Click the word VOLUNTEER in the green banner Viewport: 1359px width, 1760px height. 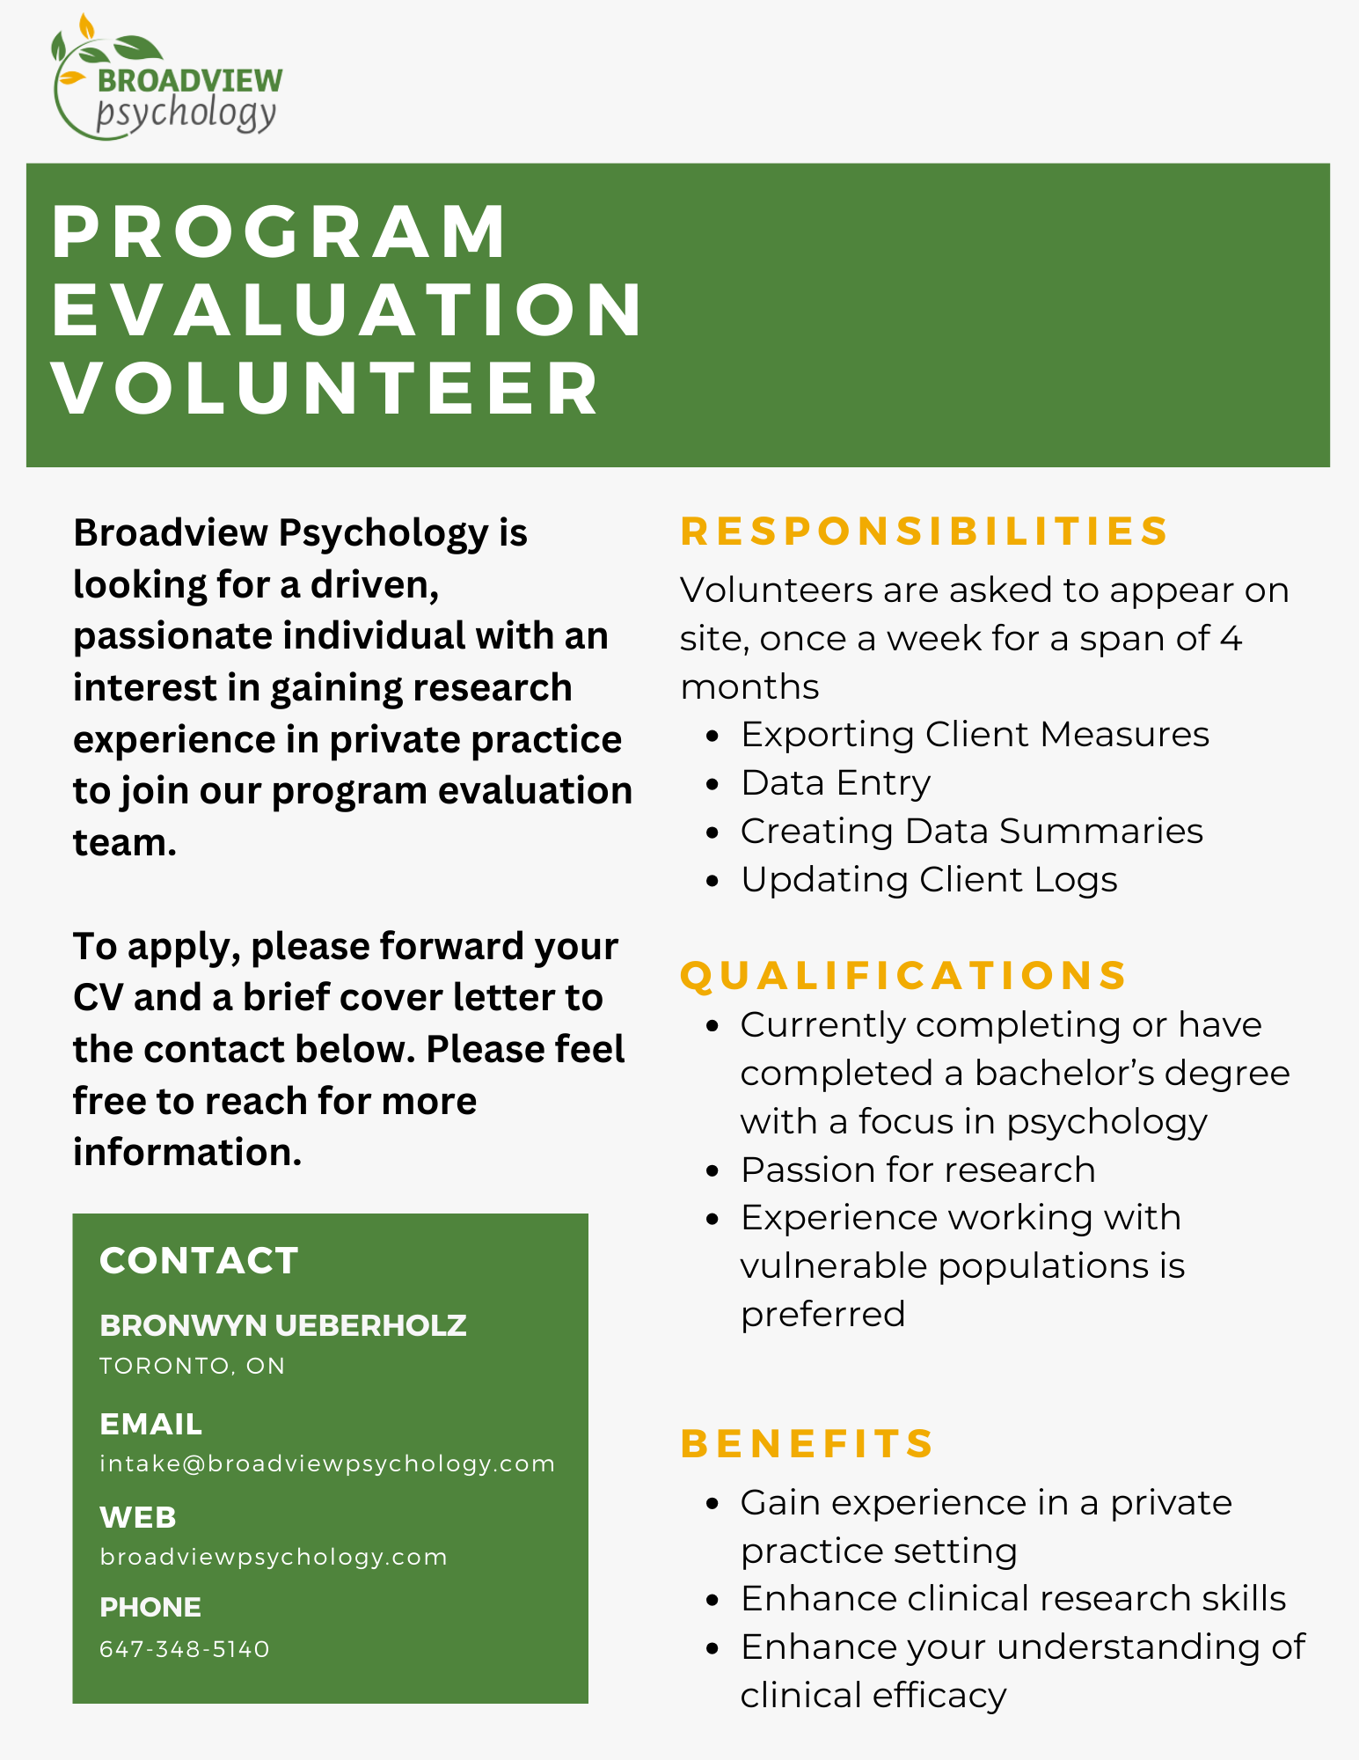[325, 389]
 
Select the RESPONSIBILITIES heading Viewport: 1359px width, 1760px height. [924, 532]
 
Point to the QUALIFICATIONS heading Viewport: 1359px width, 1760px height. [903, 975]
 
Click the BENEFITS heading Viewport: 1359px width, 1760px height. [807, 1443]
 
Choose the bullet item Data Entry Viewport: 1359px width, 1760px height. [835, 783]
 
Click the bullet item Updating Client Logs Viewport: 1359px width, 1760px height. [928, 880]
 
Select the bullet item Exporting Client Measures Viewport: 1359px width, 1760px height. [974, 735]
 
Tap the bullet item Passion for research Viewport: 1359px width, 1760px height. [917, 1170]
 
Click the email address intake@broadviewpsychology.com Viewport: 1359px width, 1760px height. [327, 1463]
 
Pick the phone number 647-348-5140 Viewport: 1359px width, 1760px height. [185, 1649]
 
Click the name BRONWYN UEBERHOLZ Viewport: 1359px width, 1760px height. [282, 1325]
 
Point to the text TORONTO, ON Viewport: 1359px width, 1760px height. [192, 1366]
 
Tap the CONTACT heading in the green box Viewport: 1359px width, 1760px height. [199, 1260]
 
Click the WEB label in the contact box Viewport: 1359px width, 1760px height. [138, 1517]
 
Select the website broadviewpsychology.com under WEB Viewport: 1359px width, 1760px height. [274, 1557]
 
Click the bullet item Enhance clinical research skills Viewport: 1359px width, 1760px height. [1012, 1599]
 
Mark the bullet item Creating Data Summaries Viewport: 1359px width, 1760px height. [971, 832]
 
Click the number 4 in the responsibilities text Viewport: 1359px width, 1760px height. [1231, 639]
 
